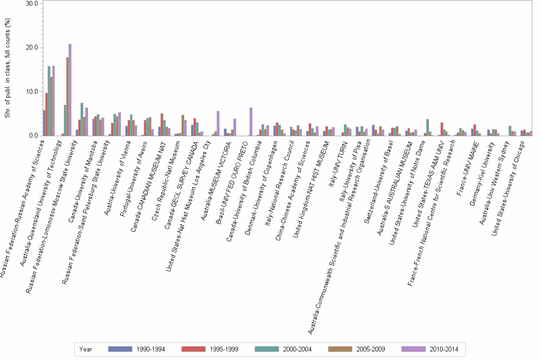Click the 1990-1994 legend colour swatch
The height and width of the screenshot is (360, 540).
click(119, 349)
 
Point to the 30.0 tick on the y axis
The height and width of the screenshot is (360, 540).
click(32, 3)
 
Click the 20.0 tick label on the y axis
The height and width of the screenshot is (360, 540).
click(32, 48)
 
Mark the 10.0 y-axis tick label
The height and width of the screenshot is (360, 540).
click(32, 91)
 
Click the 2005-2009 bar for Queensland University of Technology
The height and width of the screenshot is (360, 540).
click(68, 97)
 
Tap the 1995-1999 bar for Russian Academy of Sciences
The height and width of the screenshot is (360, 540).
click(47, 114)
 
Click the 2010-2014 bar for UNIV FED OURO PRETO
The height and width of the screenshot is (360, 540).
click(251, 122)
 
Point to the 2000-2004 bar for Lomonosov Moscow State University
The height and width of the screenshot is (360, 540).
click(82, 120)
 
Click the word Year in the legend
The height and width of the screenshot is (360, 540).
click(86, 349)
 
